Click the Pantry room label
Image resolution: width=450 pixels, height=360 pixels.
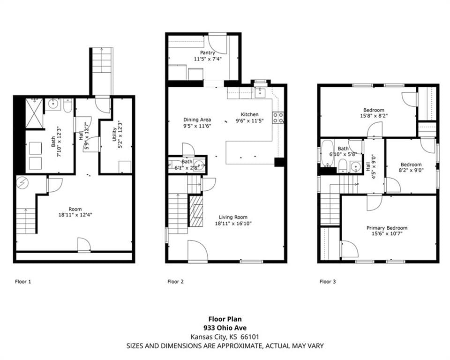(x=208, y=53)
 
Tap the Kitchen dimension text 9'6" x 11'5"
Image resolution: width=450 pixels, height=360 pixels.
(x=250, y=121)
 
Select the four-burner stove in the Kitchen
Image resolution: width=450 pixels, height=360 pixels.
(x=278, y=118)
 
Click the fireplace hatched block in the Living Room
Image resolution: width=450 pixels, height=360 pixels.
(x=196, y=211)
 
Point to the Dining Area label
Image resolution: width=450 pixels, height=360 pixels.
(x=197, y=120)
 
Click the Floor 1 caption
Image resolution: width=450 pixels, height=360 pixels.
(x=23, y=282)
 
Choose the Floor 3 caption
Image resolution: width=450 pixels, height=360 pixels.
(x=328, y=282)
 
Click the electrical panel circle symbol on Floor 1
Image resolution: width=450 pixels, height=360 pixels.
(x=22, y=183)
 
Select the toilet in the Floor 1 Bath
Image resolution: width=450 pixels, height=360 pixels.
(x=68, y=106)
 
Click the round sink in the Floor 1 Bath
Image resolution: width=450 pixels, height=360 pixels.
(x=53, y=104)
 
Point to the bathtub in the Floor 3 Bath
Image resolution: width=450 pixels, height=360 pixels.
(x=327, y=153)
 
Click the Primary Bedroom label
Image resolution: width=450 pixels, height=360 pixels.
(x=387, y=228)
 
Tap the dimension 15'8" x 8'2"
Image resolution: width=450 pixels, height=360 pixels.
(x=374, y=116)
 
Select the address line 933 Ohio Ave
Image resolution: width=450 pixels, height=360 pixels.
(x=225, y=328)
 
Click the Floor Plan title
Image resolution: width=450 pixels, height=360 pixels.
(x=225, y=319)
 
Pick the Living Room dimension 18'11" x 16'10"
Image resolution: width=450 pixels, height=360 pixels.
(x=233, y=223)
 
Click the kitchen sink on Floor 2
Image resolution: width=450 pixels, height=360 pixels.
(x=260, y=92)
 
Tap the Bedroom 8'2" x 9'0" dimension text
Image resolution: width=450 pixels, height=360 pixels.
(x=411, y=170)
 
